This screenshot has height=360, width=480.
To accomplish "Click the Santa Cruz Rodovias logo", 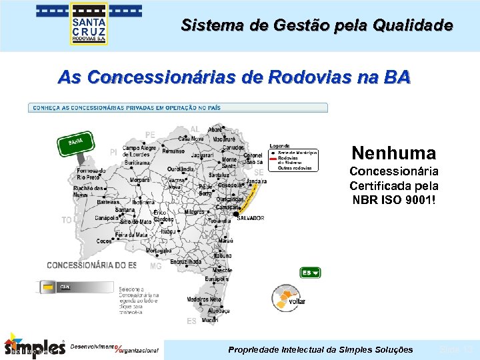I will point(89,25).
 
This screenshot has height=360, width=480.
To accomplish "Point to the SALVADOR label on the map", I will point(251,218).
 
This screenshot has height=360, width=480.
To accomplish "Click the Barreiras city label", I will point(89,201).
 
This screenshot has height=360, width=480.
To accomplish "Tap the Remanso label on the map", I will point(173,151).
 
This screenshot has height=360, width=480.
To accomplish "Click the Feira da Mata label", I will point(132,235).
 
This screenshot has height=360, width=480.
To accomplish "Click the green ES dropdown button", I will point(310,272).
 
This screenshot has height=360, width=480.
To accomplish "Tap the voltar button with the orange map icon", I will point(288,297).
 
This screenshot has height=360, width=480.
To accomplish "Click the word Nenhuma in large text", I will point(393,153).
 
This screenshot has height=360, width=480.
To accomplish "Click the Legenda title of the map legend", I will point(280,146).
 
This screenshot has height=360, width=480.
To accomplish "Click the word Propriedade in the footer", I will point(255,349).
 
